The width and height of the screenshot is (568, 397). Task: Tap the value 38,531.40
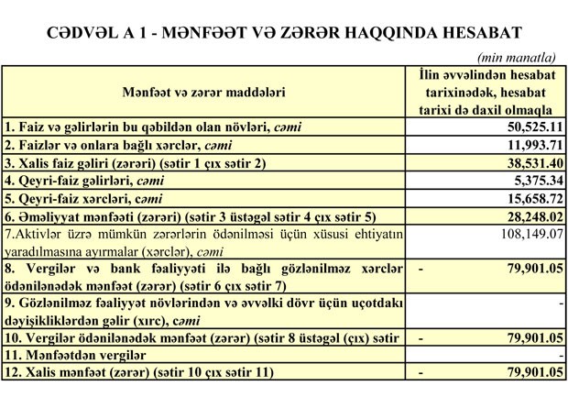pos(526,163)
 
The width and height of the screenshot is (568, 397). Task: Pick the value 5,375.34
pos(530,181)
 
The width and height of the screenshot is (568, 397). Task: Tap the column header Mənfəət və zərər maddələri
pos(203,92)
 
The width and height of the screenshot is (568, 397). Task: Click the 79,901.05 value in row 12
pos(526,373)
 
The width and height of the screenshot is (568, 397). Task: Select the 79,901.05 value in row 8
pos(526,268)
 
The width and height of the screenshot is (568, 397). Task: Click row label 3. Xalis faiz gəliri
pos(133,163)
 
